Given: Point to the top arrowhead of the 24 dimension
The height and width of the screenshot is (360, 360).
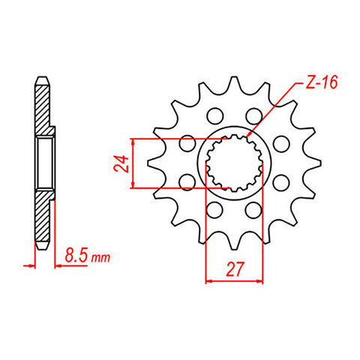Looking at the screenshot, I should (x=133, y=141).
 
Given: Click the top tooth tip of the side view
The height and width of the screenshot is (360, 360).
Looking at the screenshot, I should (x=43, y=76).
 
